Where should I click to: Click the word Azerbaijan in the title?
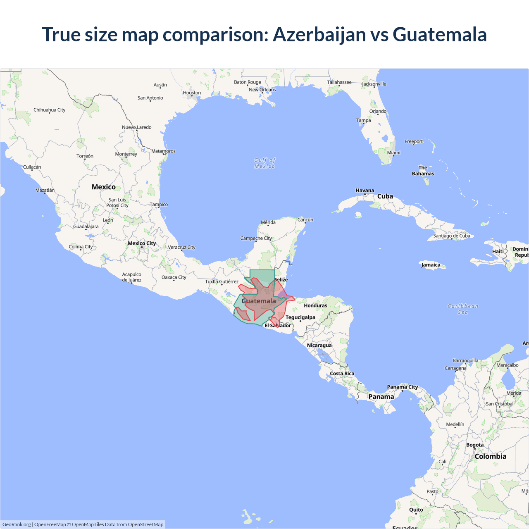319,34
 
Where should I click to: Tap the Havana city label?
365,191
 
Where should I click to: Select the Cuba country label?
385,196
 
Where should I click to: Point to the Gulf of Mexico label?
264,163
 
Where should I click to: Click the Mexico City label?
142,243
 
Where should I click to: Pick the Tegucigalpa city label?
300,317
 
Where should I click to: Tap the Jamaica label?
431,265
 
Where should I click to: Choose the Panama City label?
402,387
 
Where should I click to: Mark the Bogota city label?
474,445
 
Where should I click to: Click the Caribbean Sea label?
463,309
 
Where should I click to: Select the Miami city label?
393,153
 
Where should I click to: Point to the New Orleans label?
262,90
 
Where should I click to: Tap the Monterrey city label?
126,154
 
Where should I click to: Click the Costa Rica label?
342,374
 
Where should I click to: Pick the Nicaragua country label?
319,346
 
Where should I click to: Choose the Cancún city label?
305,220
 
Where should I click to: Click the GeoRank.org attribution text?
17,524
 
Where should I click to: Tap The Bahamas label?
423,171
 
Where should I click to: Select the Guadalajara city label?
86,226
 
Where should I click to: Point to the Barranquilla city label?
465,360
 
